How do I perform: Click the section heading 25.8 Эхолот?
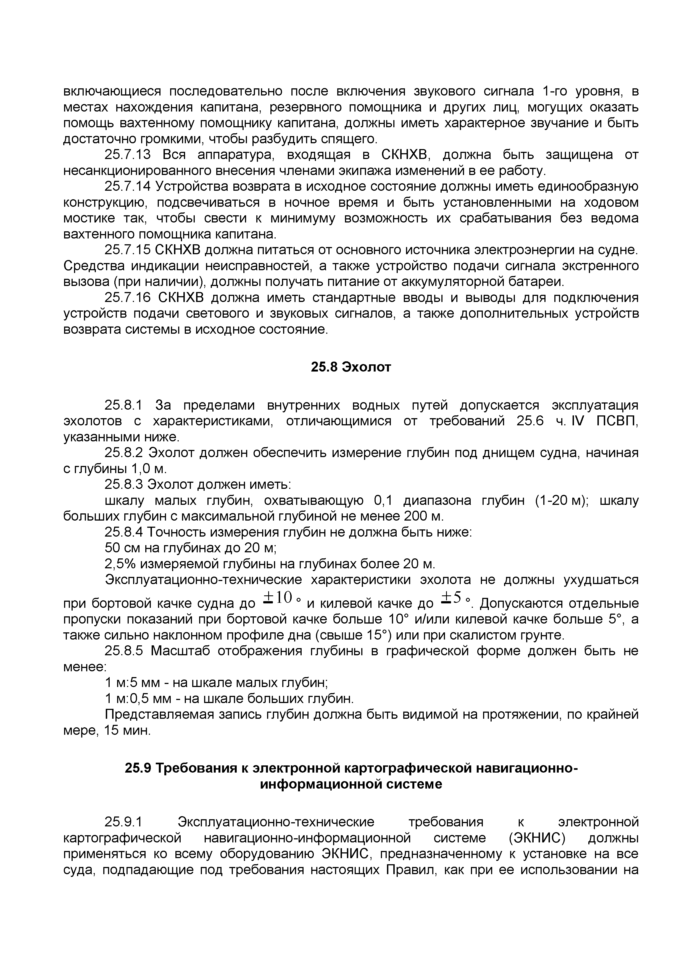pos(351,367)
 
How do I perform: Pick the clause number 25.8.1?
pos(124,405)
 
